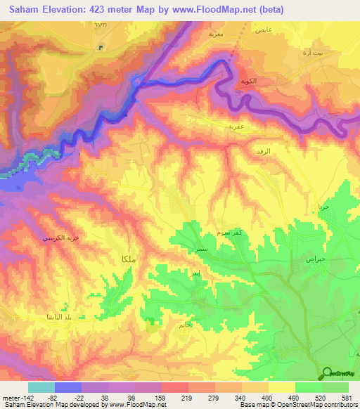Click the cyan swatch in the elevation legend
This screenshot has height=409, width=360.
(x=41, y=387)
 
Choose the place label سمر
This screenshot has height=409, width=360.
(x=202, y=249)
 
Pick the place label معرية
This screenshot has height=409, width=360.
(x=216, y=33)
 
